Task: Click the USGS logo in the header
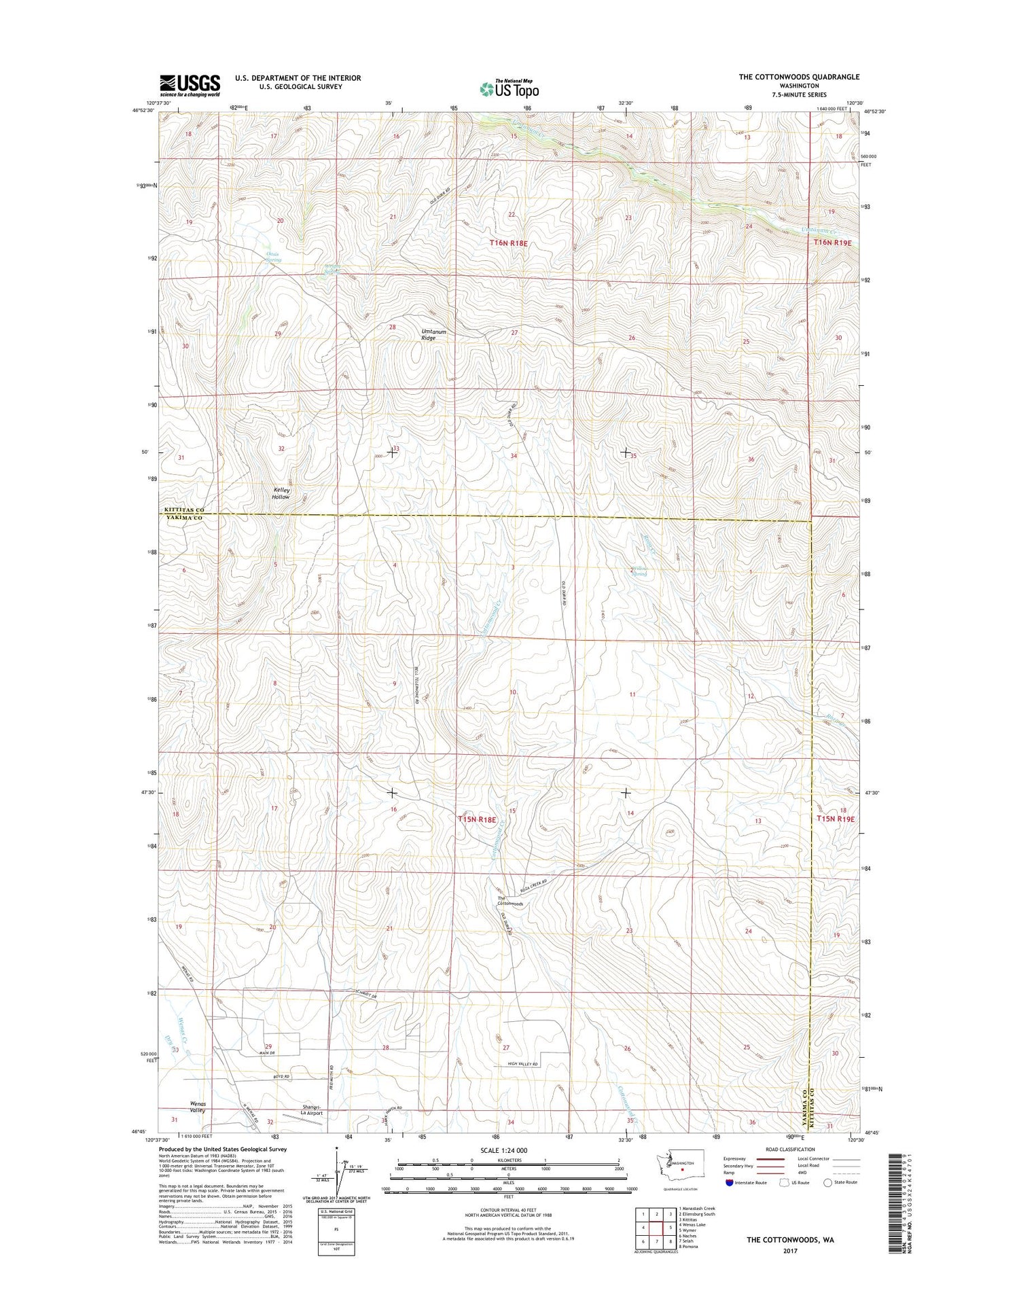click(x=190, y=85)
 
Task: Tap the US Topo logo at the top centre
click(x=509, y=88)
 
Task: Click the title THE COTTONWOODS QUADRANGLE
click(x=799, y=77)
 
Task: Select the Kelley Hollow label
click(x=281, y=493)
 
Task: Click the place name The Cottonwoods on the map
click(x=510, y=901)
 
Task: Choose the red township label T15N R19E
click(x=835, y=819)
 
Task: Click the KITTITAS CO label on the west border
click(x=183, y=510)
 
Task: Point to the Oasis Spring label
click(x=273, y=257)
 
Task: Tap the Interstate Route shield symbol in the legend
click(x=730, y=1183)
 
